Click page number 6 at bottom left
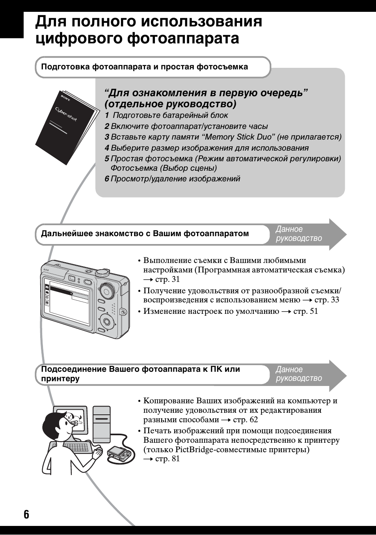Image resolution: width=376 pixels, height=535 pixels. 26,514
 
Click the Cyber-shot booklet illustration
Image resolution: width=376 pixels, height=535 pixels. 66,125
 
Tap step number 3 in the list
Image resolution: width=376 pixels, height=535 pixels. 106,137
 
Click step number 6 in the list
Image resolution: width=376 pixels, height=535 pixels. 106,179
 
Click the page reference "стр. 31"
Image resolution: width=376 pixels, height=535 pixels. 167,280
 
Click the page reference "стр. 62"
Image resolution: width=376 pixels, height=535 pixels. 245,420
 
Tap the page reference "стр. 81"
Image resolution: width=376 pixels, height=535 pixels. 167,459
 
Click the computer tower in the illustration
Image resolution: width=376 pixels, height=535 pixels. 101,424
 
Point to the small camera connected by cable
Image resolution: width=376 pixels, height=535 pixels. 119,453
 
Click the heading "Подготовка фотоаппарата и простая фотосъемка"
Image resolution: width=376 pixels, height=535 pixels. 144,67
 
